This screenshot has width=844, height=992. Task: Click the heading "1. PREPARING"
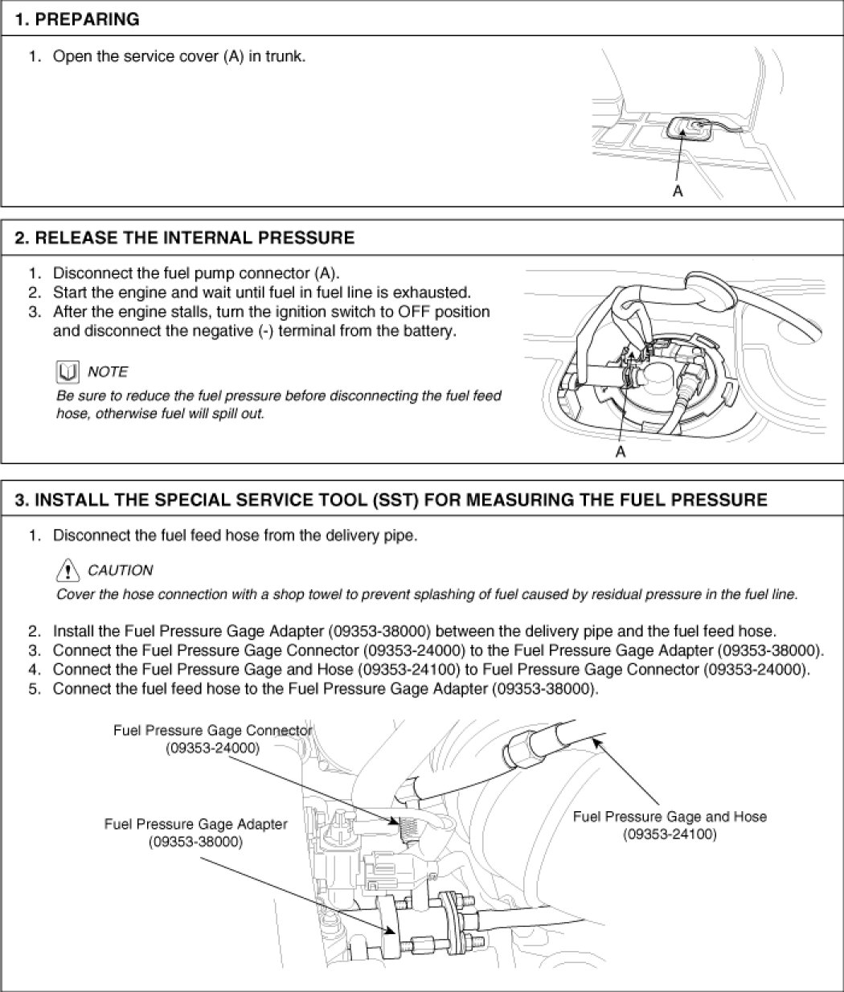tap(77, 19)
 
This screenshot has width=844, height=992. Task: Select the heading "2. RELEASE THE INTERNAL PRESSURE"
tap(185, 238)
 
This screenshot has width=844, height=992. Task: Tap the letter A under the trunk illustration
tap(678, 191)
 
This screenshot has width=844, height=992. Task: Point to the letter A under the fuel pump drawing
tap(620, 452)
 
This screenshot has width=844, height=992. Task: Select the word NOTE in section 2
tap(107, 371)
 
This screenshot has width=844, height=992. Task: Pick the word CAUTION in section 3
tap(120, 571)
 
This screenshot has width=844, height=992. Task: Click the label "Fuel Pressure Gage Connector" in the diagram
tap(212, 731)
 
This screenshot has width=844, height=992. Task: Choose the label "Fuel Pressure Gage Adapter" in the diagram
tap(195, 825)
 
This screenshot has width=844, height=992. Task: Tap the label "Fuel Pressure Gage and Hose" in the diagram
tap(670, 817)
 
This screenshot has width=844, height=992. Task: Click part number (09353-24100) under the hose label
tap(670, 834)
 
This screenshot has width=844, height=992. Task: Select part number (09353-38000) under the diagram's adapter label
tap(195, 842)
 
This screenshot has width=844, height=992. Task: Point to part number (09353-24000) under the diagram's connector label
tap(212, 748)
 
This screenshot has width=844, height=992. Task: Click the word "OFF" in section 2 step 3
tap(398, 312)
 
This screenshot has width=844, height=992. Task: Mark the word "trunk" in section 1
tap(286, 57)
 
